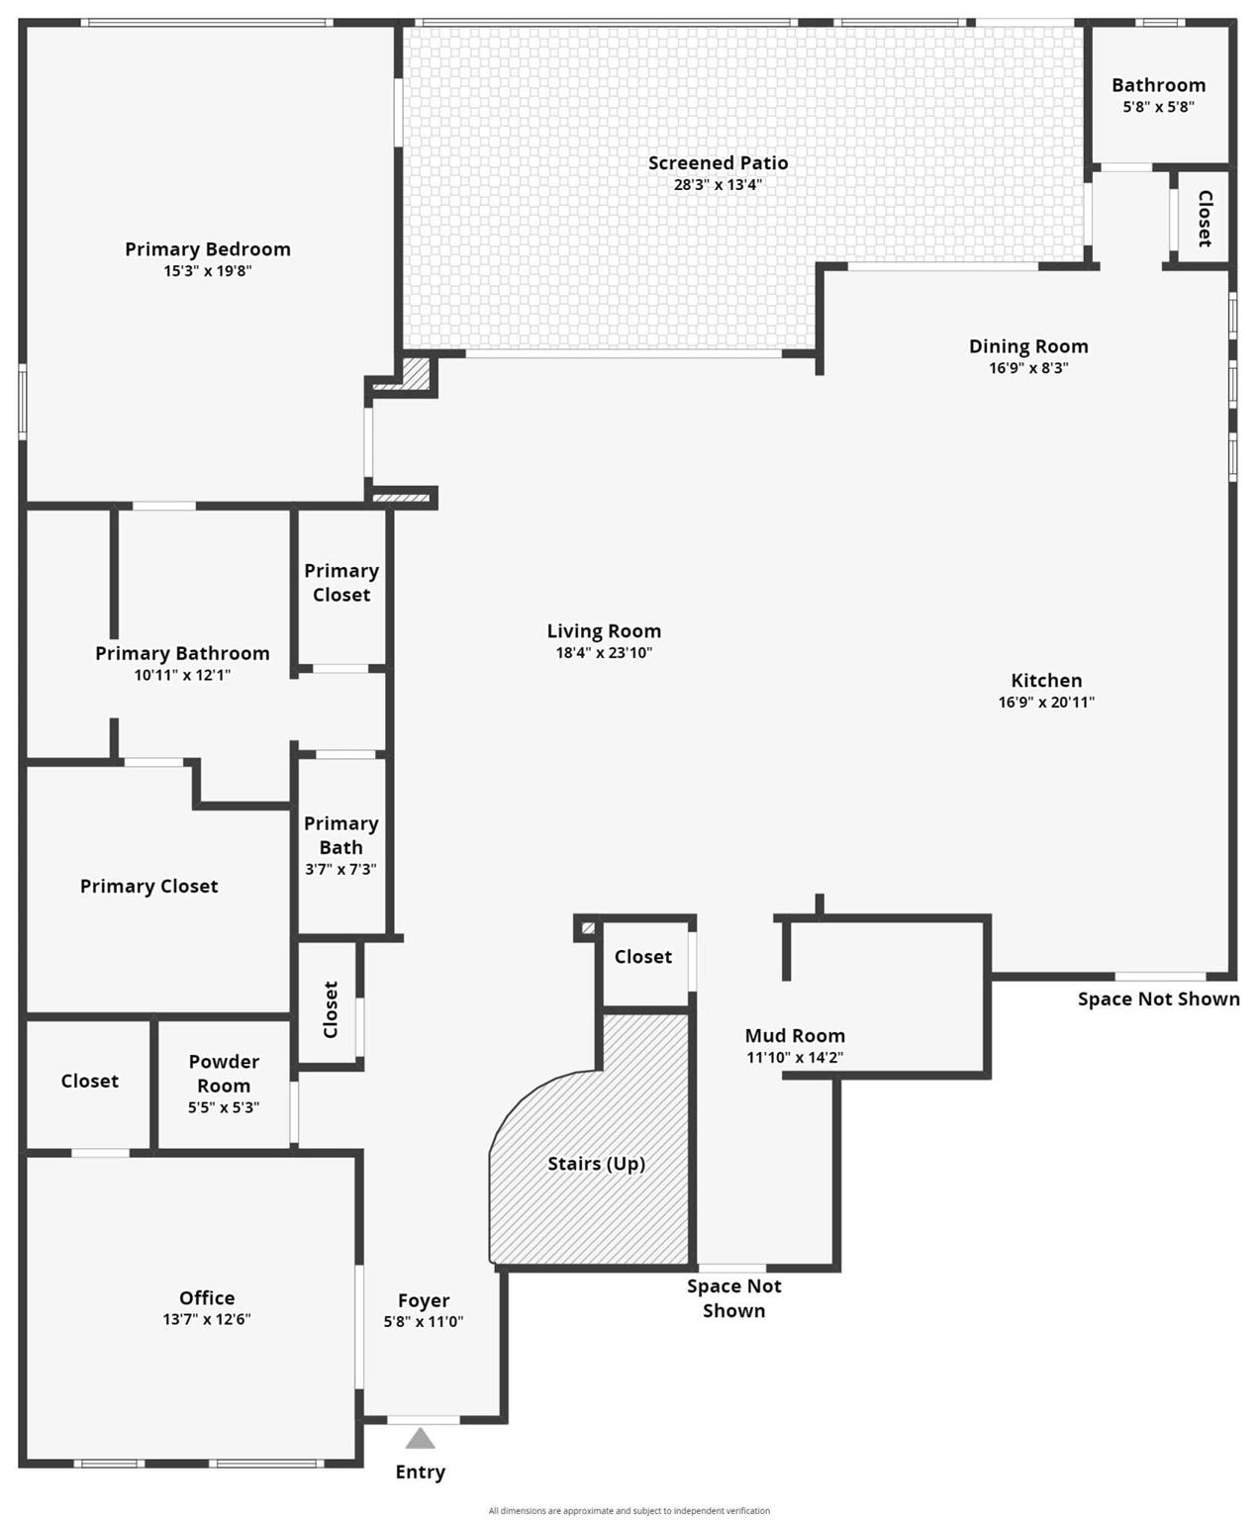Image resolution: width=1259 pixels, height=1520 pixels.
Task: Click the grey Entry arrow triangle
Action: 420,1439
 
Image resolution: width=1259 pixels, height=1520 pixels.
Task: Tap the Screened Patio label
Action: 718,163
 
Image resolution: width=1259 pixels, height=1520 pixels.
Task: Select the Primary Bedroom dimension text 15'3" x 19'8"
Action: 208,271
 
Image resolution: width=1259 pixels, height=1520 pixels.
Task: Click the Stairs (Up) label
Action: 597,1164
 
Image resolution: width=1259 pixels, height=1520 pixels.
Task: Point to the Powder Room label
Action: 224,1073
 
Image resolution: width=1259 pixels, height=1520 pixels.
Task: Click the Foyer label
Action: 424,1300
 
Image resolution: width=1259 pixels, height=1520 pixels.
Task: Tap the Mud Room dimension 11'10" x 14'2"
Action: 795,1057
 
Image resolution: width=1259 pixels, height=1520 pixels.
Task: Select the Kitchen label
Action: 1046,681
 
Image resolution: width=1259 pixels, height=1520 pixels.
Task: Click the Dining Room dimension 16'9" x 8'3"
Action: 1028,367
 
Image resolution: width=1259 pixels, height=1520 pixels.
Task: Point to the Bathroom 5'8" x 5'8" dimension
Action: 1158,107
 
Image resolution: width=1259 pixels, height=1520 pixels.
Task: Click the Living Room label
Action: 605,631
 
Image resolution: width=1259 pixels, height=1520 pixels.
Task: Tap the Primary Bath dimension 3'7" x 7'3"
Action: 340,869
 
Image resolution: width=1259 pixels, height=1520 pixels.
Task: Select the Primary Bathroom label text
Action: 182,653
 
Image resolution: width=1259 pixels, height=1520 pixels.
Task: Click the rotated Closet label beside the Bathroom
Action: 1206,219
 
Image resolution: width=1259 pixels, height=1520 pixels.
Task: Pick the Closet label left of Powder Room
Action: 89,1081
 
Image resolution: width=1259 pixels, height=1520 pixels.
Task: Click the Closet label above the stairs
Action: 643,956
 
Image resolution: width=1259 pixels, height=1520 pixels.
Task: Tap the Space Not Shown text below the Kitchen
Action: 1158,998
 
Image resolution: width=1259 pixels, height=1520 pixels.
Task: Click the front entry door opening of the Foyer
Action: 423,1419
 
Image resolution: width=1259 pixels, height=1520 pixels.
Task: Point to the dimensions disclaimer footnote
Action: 629,1510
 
